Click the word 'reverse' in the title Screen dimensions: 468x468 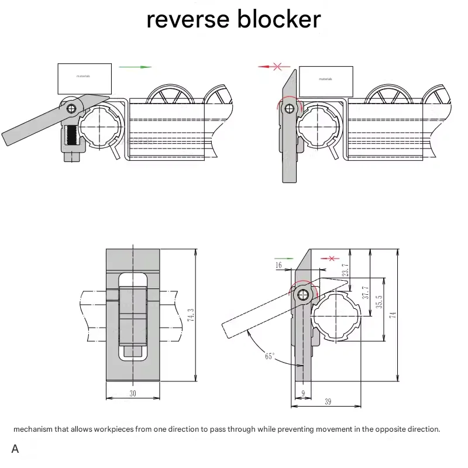click(x=186, y=19)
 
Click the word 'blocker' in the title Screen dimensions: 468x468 click(x=278, y=19)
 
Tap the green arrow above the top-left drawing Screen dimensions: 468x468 click(x=135, y=67)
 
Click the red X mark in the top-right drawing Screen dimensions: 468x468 click(x=278, y=67)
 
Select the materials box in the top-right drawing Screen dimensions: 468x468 click(x=326, y=81)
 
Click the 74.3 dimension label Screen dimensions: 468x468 click(x=191, y=315)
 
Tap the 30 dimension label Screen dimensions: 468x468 click(x=133, y=393)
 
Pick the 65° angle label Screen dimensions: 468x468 click(x=270, y=355)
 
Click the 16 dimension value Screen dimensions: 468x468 click(x=278, y=266)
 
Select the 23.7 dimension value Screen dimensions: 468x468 click(x=346, y=270)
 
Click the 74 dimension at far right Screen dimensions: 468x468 click(x=393, y=314)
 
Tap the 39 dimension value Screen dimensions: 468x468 click(x=328, y=401)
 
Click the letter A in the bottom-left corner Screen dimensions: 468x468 click(x=15, y=449)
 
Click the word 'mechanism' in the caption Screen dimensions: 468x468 click(x=33, y=429)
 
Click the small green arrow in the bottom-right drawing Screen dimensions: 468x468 click(x=284, y=258)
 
